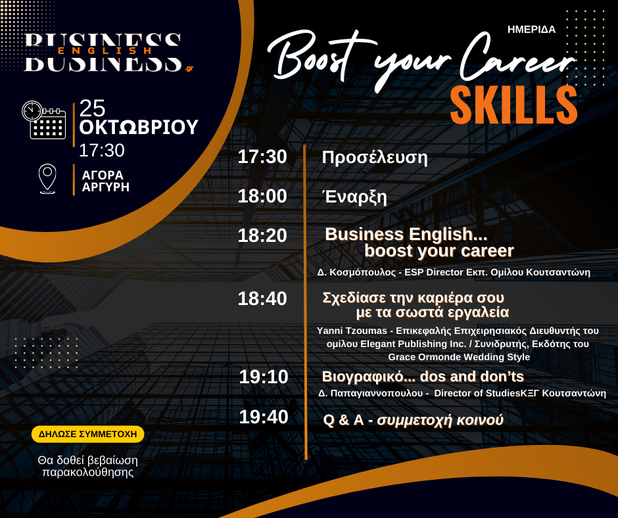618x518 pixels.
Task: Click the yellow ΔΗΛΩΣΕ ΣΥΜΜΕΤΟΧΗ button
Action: (87, 434)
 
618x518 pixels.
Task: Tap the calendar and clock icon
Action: (44, 120)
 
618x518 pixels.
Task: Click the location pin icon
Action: (47, 179)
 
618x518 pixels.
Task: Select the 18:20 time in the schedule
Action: (262, 235)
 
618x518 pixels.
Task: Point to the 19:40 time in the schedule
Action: (264, 417)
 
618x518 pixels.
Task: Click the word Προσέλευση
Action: (375, 157)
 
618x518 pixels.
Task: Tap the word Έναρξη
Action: (355, 197)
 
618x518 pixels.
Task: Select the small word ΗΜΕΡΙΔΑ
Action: (531, 30)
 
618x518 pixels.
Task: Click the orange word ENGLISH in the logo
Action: (105, 51)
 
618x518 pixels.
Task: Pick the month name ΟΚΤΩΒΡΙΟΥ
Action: (139, 127)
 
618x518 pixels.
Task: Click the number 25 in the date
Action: (92, 108)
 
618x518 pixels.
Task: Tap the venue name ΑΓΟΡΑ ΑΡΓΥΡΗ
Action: (106, 181)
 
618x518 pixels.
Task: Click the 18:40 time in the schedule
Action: (262, 298)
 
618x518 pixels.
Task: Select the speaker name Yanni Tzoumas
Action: (346, 331)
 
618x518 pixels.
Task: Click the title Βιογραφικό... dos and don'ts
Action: (423, 377)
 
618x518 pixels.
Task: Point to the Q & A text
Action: (343, 420)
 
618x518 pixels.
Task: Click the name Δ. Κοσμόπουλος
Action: (356, 272)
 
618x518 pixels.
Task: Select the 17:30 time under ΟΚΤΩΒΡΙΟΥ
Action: (102, 150)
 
